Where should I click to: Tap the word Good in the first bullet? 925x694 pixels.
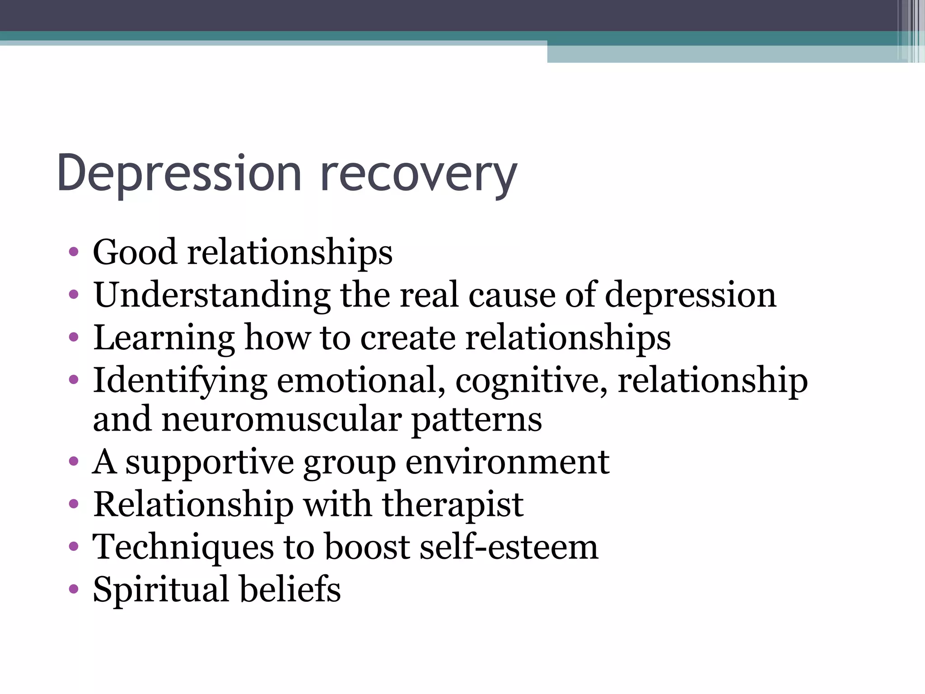point(135,252)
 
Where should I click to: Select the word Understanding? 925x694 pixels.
point(212,295)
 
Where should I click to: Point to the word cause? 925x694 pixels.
point(512,295)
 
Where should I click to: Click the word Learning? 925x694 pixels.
point(164,338)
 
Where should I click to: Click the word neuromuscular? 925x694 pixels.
point(281,419)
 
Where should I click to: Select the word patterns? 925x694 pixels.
point(477,419)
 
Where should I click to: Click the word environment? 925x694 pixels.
point(507,462)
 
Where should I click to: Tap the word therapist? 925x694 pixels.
point(453,504)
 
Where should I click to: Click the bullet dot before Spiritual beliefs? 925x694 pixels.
point(74,589)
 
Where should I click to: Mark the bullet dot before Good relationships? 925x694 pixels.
point(74,252)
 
